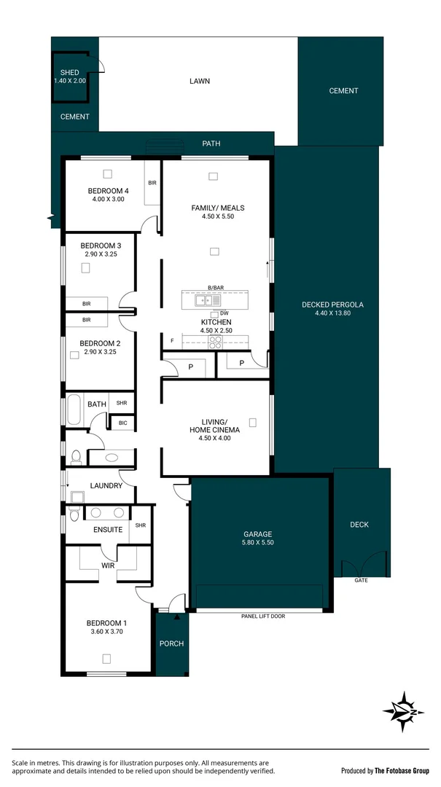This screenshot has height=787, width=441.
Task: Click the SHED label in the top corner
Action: pos(69,73)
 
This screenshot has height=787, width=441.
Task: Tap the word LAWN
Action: pos(199,81)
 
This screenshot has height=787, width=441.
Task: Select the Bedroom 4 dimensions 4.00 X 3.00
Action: pos(108,199)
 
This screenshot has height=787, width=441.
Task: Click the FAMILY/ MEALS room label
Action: pos(217,208)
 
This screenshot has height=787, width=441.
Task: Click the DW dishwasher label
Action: pos(224,313)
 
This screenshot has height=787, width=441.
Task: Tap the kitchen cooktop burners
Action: pos(216,340)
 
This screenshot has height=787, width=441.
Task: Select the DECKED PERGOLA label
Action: pos(332,305)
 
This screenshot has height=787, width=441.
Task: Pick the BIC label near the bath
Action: pos(122,423)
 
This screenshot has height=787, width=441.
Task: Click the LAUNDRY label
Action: pos(106,485)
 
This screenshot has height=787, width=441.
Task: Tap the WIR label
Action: pos(108,564)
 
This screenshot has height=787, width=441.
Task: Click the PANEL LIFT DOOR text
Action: pos(262,616)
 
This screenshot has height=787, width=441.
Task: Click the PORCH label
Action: pos(172,643)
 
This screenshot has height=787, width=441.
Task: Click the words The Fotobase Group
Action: pos(403,770)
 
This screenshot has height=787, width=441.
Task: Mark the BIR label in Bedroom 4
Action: pos(152,183)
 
